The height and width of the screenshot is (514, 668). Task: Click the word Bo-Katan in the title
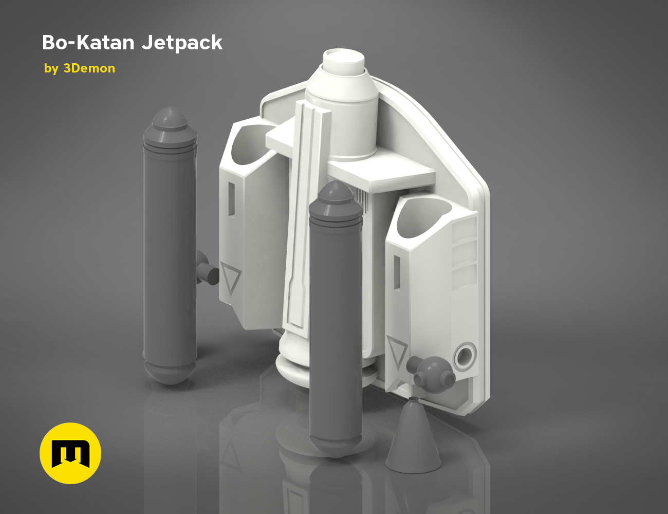tap(88, 43)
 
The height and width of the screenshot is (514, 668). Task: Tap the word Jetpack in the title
tap(182, 43)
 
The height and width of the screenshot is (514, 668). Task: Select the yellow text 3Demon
tap(89, 68)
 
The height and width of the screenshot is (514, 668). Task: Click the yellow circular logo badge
tap(70, 453)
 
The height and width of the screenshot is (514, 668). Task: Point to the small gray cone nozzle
tap(413, 437)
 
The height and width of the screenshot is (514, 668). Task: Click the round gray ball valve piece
tap(433, 374)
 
